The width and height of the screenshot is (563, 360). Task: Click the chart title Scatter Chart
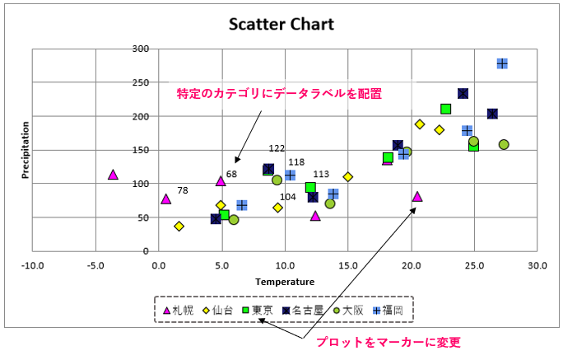pyautogui.click(x=281, y=24)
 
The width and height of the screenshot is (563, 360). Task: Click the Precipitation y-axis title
pyautogui.click(x=26, y=151)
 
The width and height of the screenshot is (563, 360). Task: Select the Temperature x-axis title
pyautogui.click(x=285, y=282)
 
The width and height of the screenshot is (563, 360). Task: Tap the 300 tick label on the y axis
pyautogui.click(x=140, y=49)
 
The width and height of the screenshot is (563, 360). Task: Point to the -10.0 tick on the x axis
pyautogui.click(x=32, y=265)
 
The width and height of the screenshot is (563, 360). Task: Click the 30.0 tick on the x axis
pyautogui.click(x=537, y=265)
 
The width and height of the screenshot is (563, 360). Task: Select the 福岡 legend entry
pyautogui.click(x=388, y=311)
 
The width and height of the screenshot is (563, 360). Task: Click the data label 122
pyautogui.click(x=277, y=148)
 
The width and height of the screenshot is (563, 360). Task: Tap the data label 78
pyautogui.click(x=183, y=190)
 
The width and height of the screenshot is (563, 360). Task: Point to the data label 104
pyautogui.click(x=288, y=197)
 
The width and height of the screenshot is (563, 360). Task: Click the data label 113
pyautogui.click(x=321, y=175)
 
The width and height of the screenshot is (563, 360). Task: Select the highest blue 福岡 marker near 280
pyautogui.click(x=502, y=63)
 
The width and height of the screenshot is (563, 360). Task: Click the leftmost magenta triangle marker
pyautogui.click(x=114, y=175)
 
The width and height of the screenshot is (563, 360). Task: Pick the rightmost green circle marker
pyautogui.click(x=504, y=144)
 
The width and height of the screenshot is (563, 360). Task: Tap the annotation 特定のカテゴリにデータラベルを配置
pyautogui.click(x=280, y=94)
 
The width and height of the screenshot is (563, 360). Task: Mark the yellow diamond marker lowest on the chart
pyautogui.click(x=179, y=226)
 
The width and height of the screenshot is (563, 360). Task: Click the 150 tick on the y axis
pyautogui.click(x=140, y=150)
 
